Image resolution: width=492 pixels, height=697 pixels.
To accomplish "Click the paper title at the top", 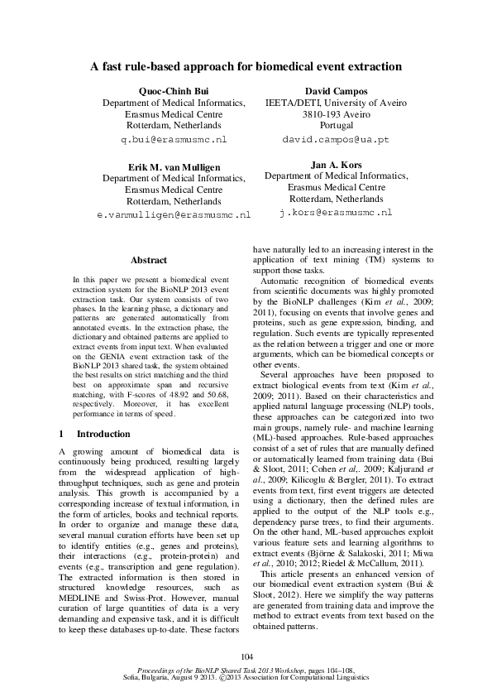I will [246, 66].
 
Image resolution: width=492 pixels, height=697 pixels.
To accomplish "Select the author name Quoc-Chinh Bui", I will [174, 91].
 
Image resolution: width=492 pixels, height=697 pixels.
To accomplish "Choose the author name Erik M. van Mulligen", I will [174, 166].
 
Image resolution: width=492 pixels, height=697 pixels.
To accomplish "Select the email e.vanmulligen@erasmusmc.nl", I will [174, 214].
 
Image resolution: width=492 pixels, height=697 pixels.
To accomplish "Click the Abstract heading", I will [149, 260].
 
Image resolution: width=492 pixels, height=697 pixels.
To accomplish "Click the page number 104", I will [246, 656].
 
